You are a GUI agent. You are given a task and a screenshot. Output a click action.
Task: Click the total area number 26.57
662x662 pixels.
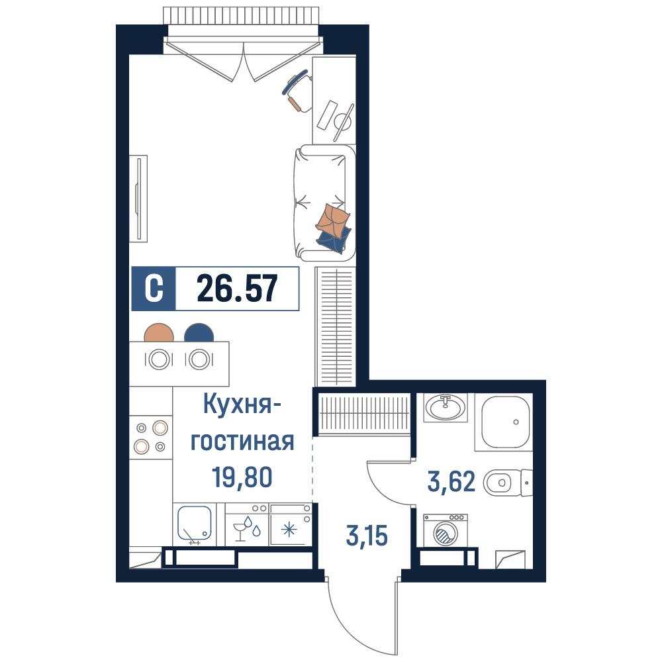click(237, 289)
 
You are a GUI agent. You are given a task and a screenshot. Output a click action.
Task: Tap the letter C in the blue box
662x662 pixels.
click(154, 289)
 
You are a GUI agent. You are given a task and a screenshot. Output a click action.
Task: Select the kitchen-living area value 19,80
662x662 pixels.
click(242, 477)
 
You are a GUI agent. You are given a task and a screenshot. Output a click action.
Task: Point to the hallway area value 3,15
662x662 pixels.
click(367, 536)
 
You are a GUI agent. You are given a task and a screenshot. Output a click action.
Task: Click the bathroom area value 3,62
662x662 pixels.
click(451, 482)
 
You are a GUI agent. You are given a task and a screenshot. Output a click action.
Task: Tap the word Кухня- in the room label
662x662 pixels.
click(242, 404)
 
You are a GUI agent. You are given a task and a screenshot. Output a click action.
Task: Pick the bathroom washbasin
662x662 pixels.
click(446, 407)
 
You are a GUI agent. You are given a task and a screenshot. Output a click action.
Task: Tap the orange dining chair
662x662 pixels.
click(159, 333)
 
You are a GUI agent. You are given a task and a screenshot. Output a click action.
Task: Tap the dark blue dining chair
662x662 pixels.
click(199, 333)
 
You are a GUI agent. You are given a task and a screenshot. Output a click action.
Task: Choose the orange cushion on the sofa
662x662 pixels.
click(333, 220)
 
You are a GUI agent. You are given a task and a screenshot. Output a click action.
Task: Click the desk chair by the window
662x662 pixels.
click(298, 90)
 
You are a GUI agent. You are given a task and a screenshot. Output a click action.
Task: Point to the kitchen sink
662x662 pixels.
click(194, 523)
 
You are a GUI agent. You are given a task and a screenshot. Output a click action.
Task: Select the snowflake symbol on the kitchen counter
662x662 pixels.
click(289, 529)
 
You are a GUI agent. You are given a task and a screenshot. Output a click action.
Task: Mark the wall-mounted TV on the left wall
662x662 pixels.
click(138, 199)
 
